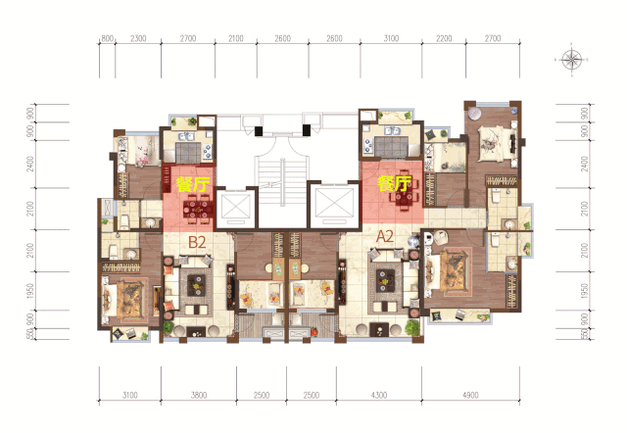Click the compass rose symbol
571,60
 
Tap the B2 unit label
197,242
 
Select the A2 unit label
385,237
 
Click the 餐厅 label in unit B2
193,184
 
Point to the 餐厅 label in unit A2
395,183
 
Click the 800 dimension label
107,38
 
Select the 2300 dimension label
138,38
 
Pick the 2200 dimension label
444,38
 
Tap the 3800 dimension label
199,396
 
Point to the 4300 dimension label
379,396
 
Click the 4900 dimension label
470,396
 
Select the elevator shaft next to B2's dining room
236,207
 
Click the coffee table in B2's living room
196,285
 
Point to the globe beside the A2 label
413,241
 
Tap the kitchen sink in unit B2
186,136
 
